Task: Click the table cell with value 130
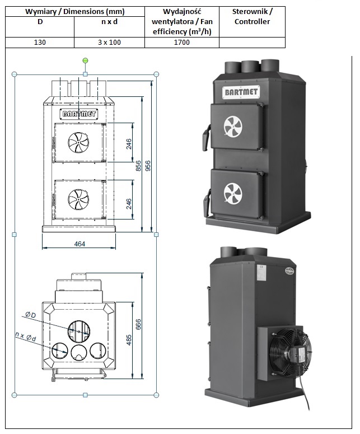(40, 43)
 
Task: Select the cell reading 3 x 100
(109, 43)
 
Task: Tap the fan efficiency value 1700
(181, 43)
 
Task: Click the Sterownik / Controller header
(252, 17)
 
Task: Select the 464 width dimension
(79, 244)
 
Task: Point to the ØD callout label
(30, 315)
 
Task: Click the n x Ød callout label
(26, 336)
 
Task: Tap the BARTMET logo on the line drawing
(79, 113)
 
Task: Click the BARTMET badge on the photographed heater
(236, 91)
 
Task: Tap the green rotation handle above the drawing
(85, 60)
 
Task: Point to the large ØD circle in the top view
(79, 329)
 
